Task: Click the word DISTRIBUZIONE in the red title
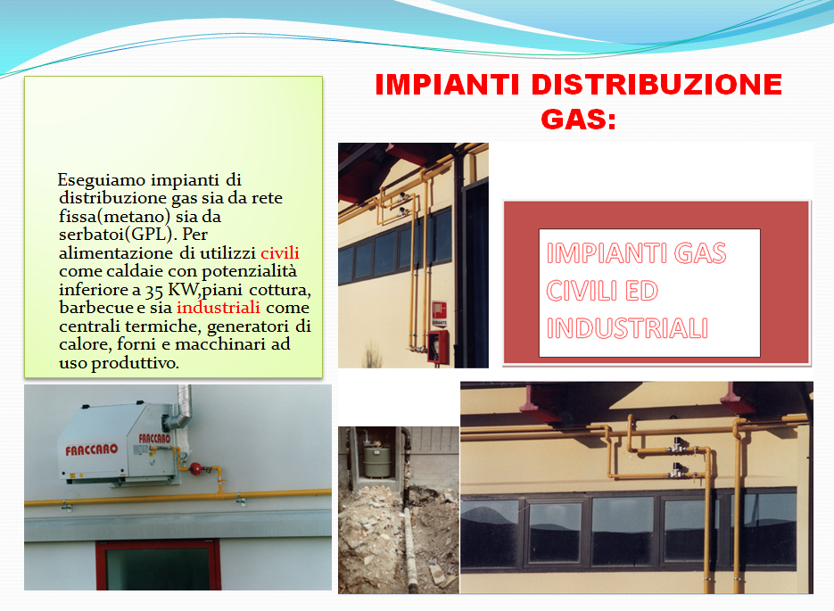(656, 84)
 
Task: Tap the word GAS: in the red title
(579, 119)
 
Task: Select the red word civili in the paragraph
(280, 252)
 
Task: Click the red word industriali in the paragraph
(218, 308)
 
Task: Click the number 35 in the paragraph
(153, 290)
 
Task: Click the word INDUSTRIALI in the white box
(627, 327)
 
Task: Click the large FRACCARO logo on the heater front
(92, 450)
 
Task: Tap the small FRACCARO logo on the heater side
(154, 438)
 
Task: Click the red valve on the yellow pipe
(195, 469)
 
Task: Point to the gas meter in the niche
(376, 458)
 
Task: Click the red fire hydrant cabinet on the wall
(438, 347)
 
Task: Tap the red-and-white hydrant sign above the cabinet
(440, 313)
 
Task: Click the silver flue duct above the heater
(180, 409)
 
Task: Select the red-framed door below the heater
(158, 565)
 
